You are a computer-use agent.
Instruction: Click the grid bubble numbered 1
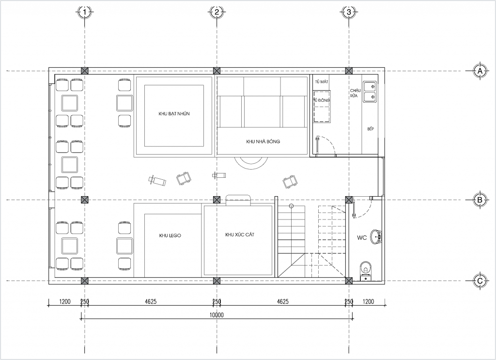coord(84,12)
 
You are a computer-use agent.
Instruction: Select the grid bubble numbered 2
coord(217,12)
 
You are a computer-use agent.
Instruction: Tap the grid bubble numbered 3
coord(349,12)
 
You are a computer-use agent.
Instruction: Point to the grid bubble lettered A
coord(480,71)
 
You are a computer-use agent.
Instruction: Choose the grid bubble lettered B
coord(480,200)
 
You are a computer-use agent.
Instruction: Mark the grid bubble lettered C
coord(480,281)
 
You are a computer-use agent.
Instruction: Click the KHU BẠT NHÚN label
coord(174,114)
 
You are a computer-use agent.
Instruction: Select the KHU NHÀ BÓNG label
coord(263,141)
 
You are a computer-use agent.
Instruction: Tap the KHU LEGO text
coord(170,235)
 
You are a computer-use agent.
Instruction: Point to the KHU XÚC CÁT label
coord(240,235)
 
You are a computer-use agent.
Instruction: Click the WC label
coord(362,237)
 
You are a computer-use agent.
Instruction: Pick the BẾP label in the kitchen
coord(371,129)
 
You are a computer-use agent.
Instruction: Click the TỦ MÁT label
coord(322,82)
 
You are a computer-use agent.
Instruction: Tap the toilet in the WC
coord(366,270)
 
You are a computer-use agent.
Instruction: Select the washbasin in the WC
coord(376,236)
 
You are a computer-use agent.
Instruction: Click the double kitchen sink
coord(370,92)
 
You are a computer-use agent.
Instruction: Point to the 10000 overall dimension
coord(217,315)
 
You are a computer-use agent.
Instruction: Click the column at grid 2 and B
coord(217,200)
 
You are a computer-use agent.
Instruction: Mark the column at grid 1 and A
coord(84,71)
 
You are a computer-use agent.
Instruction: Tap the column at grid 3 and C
coord(349,281)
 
